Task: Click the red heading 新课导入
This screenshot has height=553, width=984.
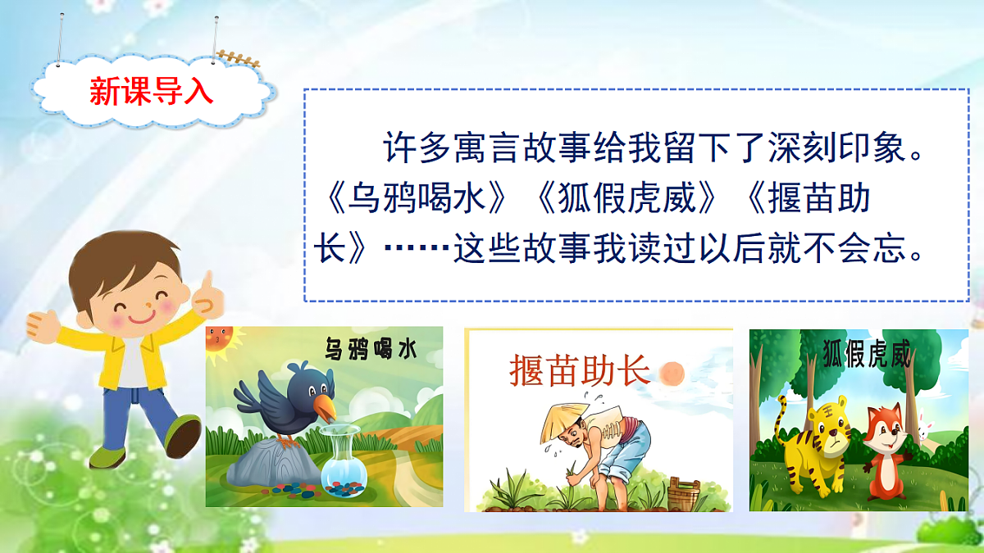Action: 152,92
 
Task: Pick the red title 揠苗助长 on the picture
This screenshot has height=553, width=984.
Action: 579,371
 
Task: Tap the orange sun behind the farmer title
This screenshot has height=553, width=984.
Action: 671,374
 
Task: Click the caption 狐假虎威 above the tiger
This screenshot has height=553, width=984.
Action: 866,356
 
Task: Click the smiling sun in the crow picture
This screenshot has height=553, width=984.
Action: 220,337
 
